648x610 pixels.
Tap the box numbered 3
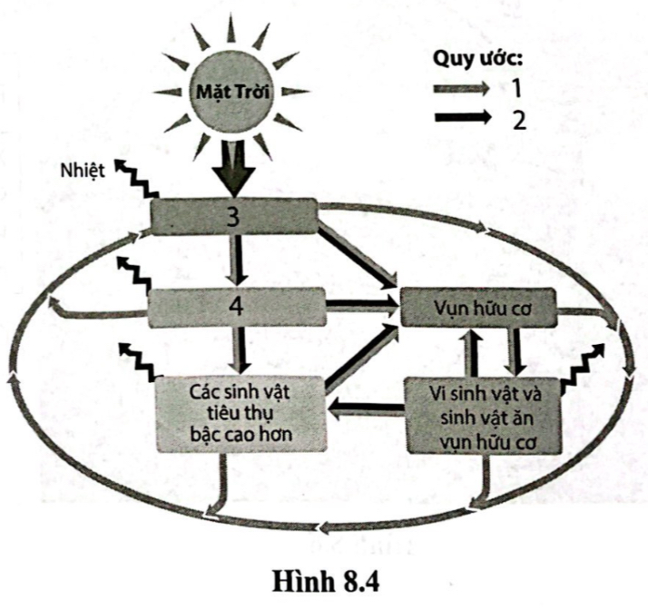coord(234,215)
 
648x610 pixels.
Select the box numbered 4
coord(236,306)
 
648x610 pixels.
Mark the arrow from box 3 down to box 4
coord(236,259)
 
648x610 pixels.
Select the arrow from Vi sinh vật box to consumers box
coord(365,411)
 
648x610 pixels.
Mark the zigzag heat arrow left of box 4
coord(133,274)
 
